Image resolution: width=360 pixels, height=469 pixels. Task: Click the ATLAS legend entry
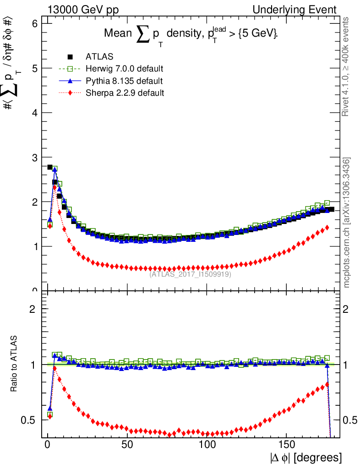(99, 57)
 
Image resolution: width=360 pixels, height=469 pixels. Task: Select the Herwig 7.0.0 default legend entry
(124, 69)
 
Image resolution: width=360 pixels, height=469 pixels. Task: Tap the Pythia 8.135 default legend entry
(124, 81)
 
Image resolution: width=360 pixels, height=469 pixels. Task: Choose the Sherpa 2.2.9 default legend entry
(124, 93)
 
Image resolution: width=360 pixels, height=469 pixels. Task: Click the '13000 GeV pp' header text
(83, 10)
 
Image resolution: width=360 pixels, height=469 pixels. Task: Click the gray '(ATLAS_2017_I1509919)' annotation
(190, 275)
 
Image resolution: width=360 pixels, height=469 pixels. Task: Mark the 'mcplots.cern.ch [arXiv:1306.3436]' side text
(347, 223)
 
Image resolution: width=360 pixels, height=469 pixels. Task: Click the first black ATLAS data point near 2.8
(50, 167)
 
